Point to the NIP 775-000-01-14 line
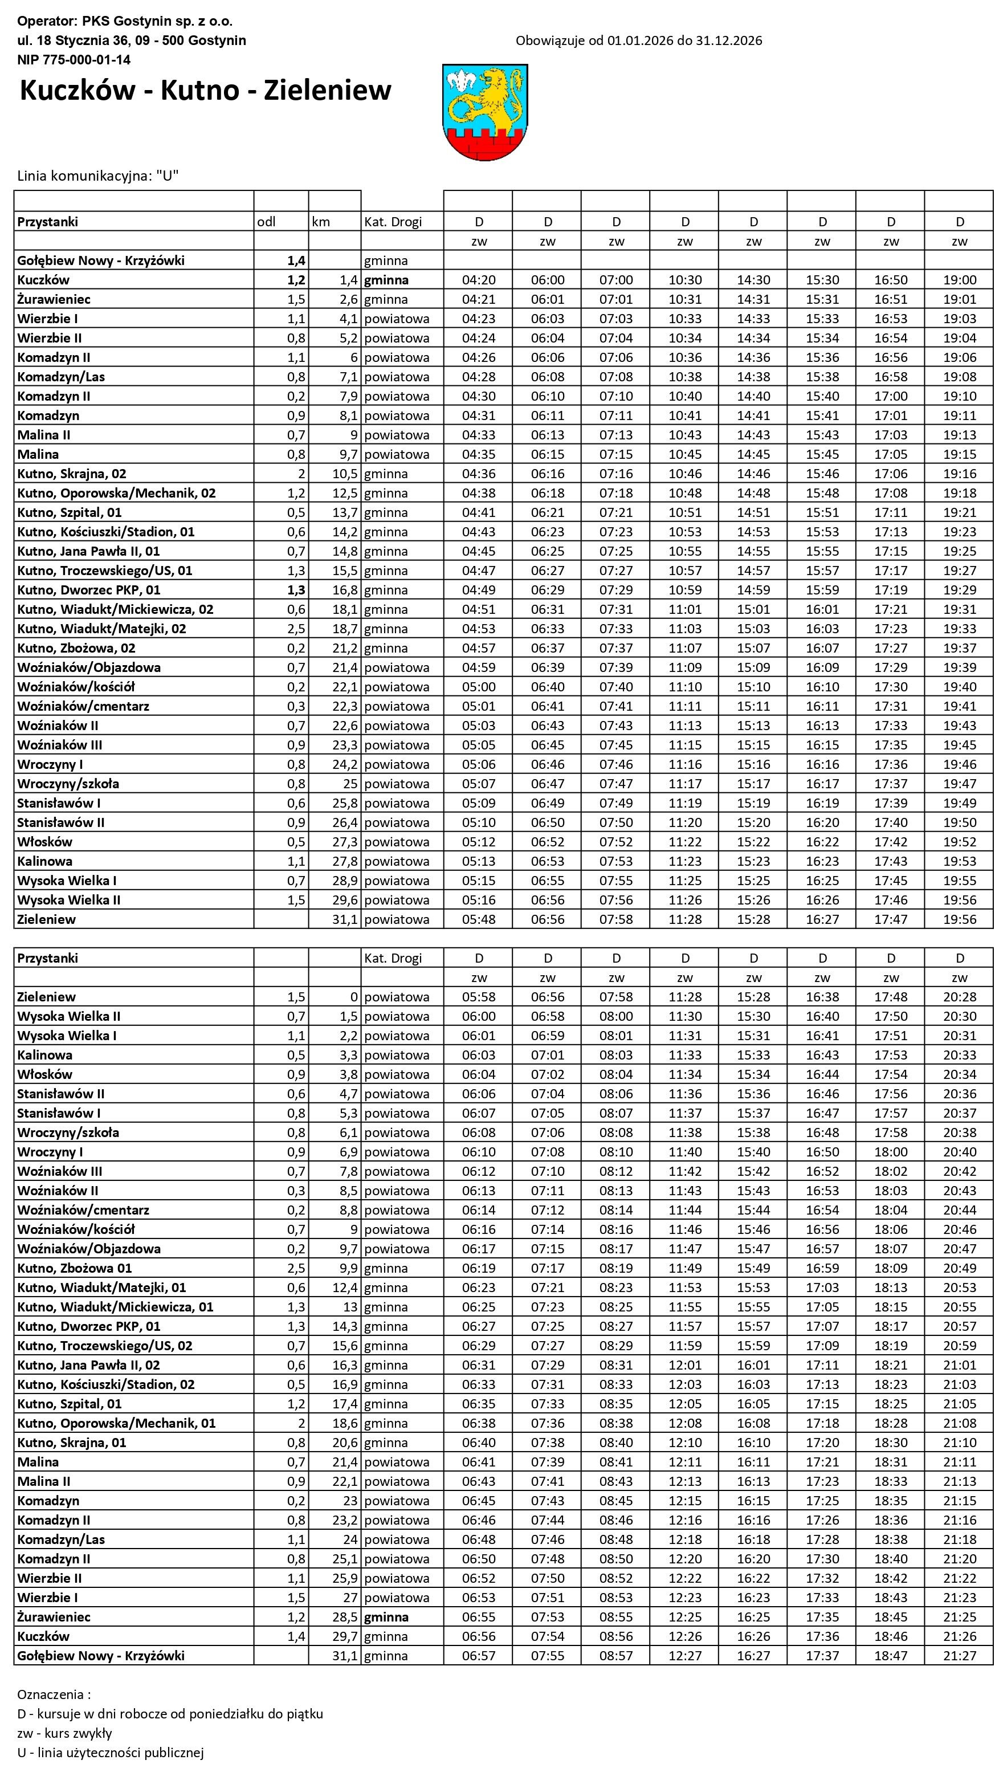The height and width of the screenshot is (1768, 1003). click(x=74, y=60)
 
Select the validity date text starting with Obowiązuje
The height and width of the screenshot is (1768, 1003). click(x=639, y=40)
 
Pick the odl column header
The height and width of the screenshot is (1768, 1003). click(x=267, y=222)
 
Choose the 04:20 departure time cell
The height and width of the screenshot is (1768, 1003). click(x=479, y=280)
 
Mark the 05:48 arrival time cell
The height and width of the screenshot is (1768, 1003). click(x=479, y=919)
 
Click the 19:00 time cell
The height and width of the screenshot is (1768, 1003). click(x=960, y=280)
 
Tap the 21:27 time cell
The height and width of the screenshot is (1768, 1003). click(x=960, y=1656)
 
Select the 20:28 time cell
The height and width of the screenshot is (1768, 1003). click(x=960, y=997)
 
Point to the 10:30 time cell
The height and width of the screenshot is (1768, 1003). click(x=685, y=280)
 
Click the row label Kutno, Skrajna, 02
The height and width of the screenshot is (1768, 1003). click(x=72, y=474)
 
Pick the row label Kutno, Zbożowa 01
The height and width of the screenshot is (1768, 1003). click(x=75, y=1268)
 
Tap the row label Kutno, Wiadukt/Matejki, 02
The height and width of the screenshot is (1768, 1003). click(x=101, y=629)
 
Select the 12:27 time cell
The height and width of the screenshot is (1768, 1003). click(x=685, y=1656)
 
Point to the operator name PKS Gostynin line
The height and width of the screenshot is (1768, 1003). click(x=125, y=21)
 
